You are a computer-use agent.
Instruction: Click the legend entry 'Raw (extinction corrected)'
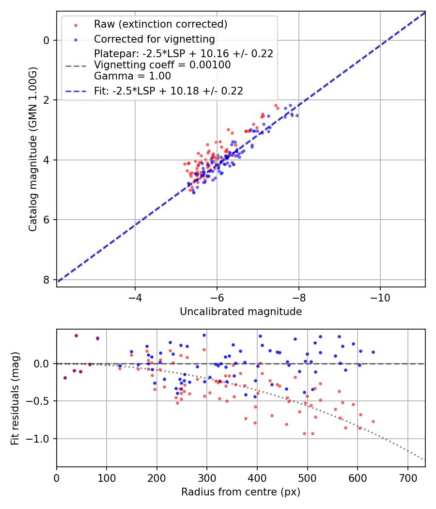(160, 24)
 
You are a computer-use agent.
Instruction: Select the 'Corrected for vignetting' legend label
(155, 39)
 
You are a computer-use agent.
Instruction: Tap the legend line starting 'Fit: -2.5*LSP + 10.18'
(169, 91)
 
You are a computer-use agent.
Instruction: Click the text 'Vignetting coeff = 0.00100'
(162, 65)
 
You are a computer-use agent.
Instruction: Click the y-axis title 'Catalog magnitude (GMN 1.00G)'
(33, 149)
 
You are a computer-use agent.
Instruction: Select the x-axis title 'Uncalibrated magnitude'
(241, 312)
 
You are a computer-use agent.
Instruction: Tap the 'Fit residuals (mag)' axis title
(15, 398)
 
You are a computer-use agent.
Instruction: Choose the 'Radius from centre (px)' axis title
(241, 492)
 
